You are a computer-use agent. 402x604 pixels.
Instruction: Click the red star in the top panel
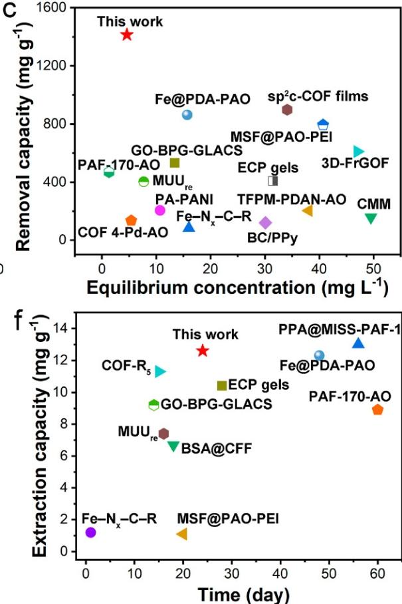pyautogui.click(x=127, y=35)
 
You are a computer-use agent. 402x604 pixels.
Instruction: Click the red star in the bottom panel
pyautogui.click(x=203, y=351)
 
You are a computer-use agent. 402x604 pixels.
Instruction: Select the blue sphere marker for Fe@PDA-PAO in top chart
pyautogui.click(x=187, y=114)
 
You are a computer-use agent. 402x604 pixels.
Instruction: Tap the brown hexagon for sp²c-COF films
pyautogui.click(x=287, y=110)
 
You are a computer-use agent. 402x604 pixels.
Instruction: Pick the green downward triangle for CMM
pyautogui.click(x=371, y=218)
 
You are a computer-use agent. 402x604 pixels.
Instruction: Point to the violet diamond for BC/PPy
pyautogui.click(x=265, y=222)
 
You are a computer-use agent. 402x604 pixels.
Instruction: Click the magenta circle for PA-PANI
pyautogui.click(x=159, y=210)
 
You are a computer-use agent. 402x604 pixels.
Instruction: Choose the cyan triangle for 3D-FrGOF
pyautogui.click(x=359, y=152)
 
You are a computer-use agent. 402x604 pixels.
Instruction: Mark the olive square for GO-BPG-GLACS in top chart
pyautogui.click(x=175, y=163)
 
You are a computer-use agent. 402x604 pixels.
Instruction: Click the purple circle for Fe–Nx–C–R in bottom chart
pyautogui.click(x=90, y=532)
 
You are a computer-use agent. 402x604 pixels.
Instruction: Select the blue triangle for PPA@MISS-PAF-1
pyautogui.click(x=358, y=343)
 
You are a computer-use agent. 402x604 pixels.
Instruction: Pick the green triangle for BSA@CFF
pyautogui.click(x=173, y=446)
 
